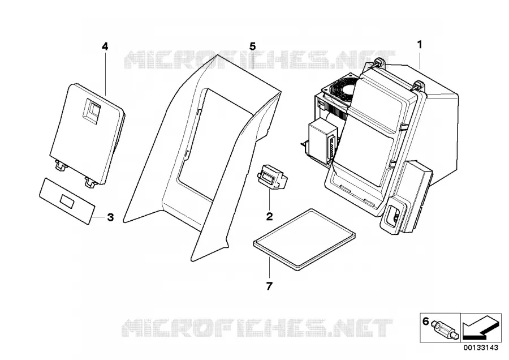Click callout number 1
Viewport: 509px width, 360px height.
(420, 45)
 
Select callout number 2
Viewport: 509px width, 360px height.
(269, 216)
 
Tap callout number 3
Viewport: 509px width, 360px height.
(110, 217)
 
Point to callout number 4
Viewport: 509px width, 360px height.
(105, 47)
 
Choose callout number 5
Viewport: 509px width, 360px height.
(253, 46)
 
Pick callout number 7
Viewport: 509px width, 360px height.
(269, 286)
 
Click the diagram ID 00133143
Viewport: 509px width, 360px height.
(481, 348)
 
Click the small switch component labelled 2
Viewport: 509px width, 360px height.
(273, 177)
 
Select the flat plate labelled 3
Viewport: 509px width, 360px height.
(67, 200)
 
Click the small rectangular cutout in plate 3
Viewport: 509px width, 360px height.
(68, 202)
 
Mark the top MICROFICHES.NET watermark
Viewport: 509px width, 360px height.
(260, 60)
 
